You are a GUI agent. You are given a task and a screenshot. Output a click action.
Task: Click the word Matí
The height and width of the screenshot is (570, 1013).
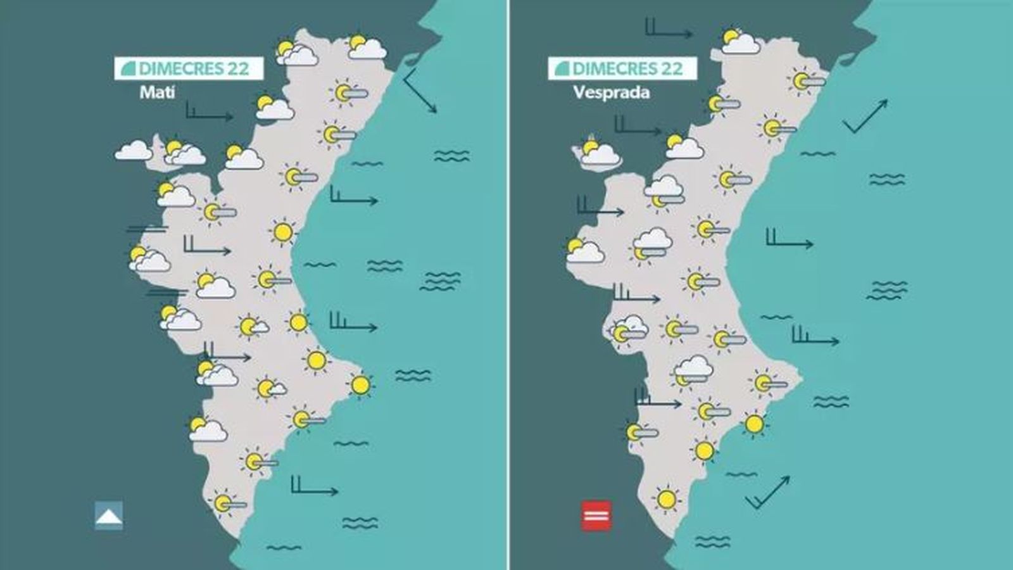pyautogui.click(x=157, y=92)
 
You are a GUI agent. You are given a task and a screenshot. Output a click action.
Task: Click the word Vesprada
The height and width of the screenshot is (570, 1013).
pyautogui.click(x=611, y=92)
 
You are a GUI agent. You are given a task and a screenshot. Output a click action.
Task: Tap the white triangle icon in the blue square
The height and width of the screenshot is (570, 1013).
pyautogui.click(x=109, y=516)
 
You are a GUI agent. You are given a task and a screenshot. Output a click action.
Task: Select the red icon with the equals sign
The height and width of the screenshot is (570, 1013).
pyautogui.click(x=596, y=516)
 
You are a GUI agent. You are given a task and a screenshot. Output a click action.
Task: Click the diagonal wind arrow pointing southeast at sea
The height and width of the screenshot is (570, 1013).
pyautogui.click(x=420, y=91)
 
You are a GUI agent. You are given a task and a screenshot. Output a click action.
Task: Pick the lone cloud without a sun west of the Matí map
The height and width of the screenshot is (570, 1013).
pyautogui.click(x=134, y=151)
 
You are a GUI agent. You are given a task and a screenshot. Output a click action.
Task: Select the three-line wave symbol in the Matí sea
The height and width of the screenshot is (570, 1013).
pyautogui.click(x=441, y=281)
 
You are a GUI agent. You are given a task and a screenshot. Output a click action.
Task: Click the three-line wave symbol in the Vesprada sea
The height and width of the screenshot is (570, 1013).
pyautogui.click(x=887, y=290)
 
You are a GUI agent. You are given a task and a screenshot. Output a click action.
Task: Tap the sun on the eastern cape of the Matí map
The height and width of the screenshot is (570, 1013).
pyautogui.click(x=360, y=384)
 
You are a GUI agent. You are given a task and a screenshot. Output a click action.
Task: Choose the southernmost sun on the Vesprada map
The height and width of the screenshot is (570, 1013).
pyautogui.click(x=666, y=499)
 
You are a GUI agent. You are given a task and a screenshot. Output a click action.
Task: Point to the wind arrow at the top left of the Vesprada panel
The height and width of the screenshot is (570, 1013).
pyautogui.click(x=669, y=29)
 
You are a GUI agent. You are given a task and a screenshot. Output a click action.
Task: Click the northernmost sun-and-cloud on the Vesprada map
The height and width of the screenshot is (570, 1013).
pyautogui.click(x=739, y=42)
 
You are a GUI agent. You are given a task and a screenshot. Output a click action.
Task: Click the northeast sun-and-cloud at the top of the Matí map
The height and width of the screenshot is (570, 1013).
pyautogui.click(x=366, y=47)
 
